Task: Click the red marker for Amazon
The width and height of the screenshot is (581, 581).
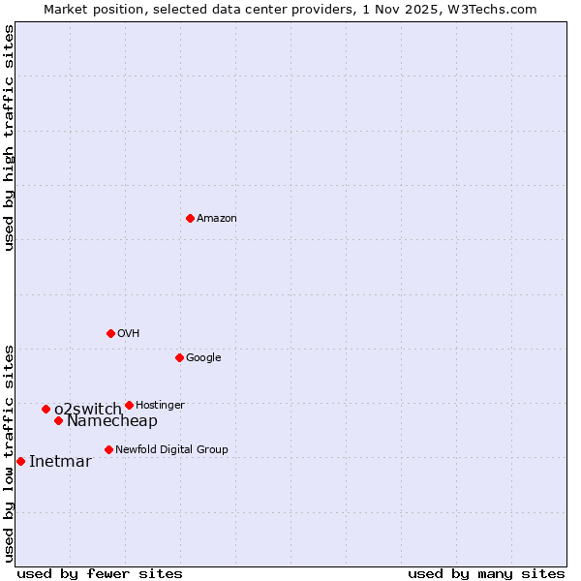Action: [x=190, y=218]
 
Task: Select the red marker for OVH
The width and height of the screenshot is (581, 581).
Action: [x=110, y=333]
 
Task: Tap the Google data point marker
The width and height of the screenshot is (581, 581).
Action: [x=179, y=357]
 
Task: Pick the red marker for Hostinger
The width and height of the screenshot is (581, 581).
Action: [x=129, y=405]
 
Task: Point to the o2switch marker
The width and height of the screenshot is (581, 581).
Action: [x=46, y=409]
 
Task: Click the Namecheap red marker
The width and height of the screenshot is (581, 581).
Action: [x=58, y=420]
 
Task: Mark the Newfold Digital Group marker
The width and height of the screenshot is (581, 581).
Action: [x=108, y=449]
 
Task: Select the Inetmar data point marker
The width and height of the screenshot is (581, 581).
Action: [x=20, y=461]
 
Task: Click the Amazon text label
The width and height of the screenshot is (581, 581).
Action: [x=217, y=219]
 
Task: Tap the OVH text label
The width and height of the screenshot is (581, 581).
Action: [x=129, y=334]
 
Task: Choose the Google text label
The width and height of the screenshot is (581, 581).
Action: [x=203, y=358]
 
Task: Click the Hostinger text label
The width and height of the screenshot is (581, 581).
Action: [x=160, y=405]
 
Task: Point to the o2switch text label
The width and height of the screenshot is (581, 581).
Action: [x=88, y=409]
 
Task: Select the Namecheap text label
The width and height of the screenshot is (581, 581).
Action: [x=112, y=421]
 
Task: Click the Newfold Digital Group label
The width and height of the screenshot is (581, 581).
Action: [x=171, y=449]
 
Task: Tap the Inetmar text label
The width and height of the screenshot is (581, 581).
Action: [x=60, y=461]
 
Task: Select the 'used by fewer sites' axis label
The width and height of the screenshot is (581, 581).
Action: [x=100, y=573]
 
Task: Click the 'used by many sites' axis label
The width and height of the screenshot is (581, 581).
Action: [x=486, y=573]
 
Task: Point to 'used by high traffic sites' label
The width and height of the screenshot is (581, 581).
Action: [x=9, y=138]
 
